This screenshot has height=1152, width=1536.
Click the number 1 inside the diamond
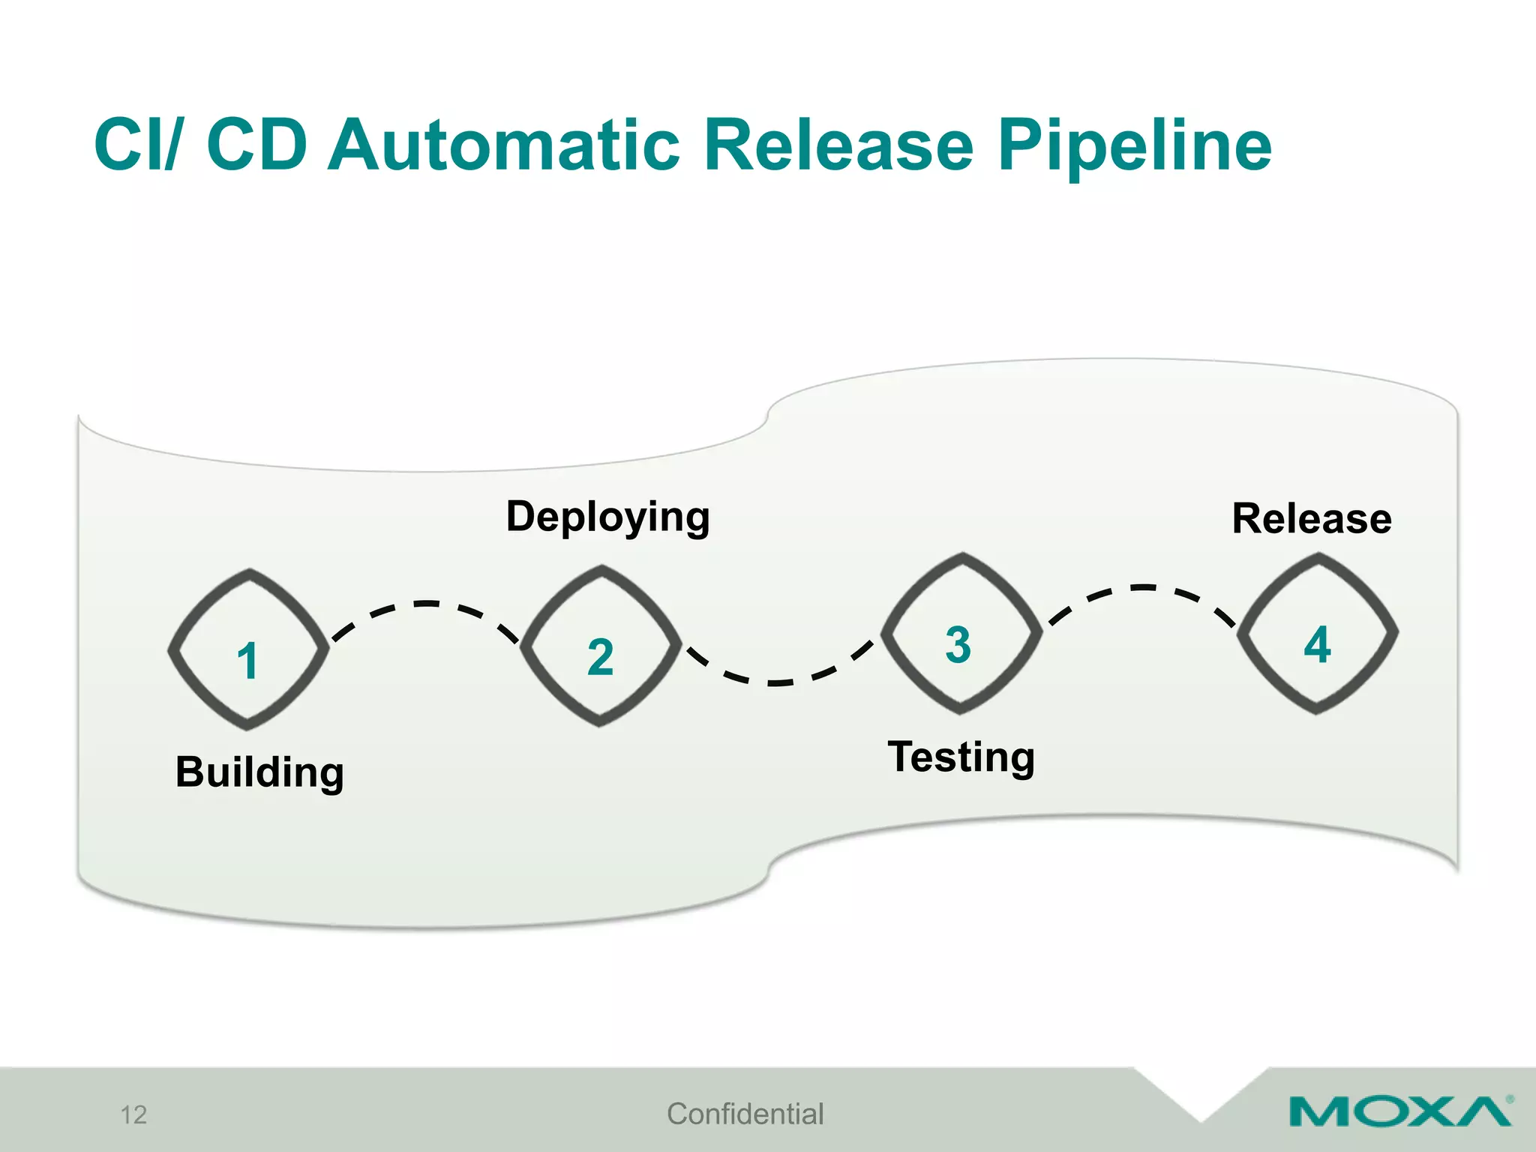(x=247, y=661)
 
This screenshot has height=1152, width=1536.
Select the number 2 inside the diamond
(x=600, y=658)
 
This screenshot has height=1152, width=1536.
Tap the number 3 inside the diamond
(x=958, y=645)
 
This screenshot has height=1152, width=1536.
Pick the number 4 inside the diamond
(x=1317, y=645)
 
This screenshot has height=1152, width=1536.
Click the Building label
(x=259, y=772)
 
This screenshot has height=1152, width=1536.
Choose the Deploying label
(x=607, y=517)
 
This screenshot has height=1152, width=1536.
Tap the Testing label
(x=961, y=757)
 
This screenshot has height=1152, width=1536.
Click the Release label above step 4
(x=1312, y=519)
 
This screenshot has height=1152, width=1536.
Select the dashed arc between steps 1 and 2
(x=426, y=604)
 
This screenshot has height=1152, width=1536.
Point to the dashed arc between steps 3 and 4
(x=1142, y=588)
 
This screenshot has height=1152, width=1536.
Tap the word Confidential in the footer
(x=745, y=1114)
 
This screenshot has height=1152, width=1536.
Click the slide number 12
(x=133, y=1115)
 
